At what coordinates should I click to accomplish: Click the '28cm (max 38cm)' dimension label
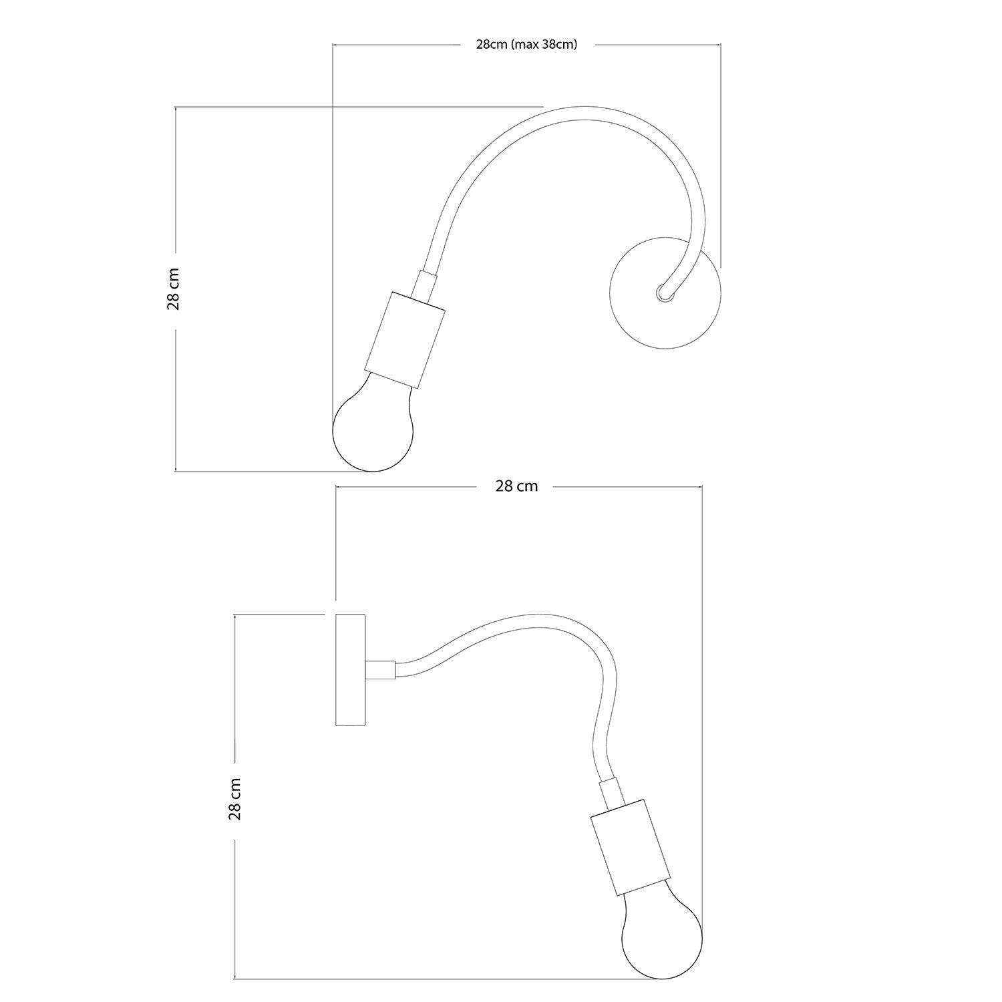526,45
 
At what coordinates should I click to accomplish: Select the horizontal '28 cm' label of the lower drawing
516,486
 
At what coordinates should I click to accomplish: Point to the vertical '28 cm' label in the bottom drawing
235,798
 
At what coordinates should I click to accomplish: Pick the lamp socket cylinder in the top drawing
405,339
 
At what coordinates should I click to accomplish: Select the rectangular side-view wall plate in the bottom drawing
350,669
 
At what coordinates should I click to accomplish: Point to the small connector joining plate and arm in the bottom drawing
381,669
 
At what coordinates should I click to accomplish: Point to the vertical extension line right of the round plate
721,154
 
